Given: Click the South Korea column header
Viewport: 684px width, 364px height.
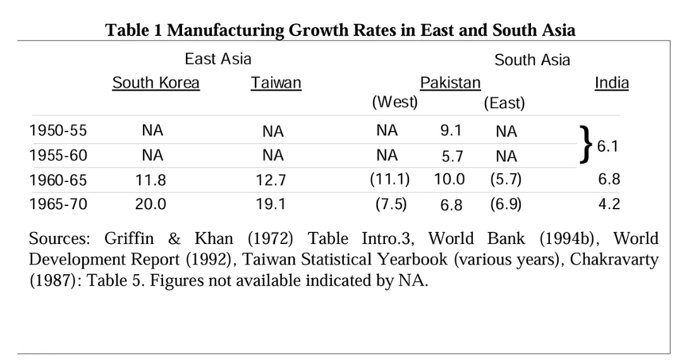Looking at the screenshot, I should coord(156,83).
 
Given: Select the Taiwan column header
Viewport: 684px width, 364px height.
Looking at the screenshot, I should coord(276,83).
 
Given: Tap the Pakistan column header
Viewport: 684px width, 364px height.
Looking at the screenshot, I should coord(450,83).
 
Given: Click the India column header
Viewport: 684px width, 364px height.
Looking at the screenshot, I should coord(611,83).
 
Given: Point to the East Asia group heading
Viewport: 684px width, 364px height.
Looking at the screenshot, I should coord(217,59).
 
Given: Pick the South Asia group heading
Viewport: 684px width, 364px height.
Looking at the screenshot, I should coord(532,60).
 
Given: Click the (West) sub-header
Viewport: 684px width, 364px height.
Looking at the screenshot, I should coord(394,102).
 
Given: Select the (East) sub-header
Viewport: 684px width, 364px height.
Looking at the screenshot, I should coord(504,104).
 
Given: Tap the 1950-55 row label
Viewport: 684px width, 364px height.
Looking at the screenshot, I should coord(58,131).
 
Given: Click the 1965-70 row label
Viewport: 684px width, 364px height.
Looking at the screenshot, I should coord(58,204).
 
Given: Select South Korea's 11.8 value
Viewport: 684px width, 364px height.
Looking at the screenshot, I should coord(151,180).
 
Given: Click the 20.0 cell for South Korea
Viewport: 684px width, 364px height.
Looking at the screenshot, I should coord(151,204).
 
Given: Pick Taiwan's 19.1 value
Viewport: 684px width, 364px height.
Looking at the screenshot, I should coord(271,205).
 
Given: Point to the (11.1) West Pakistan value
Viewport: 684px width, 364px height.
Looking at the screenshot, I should coord(389,179).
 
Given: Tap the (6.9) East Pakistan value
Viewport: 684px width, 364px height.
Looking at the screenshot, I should coord(505,204).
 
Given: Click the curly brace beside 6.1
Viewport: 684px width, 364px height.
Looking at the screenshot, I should coord(587,144).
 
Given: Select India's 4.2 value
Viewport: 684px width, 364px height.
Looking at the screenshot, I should coord(609,204).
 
